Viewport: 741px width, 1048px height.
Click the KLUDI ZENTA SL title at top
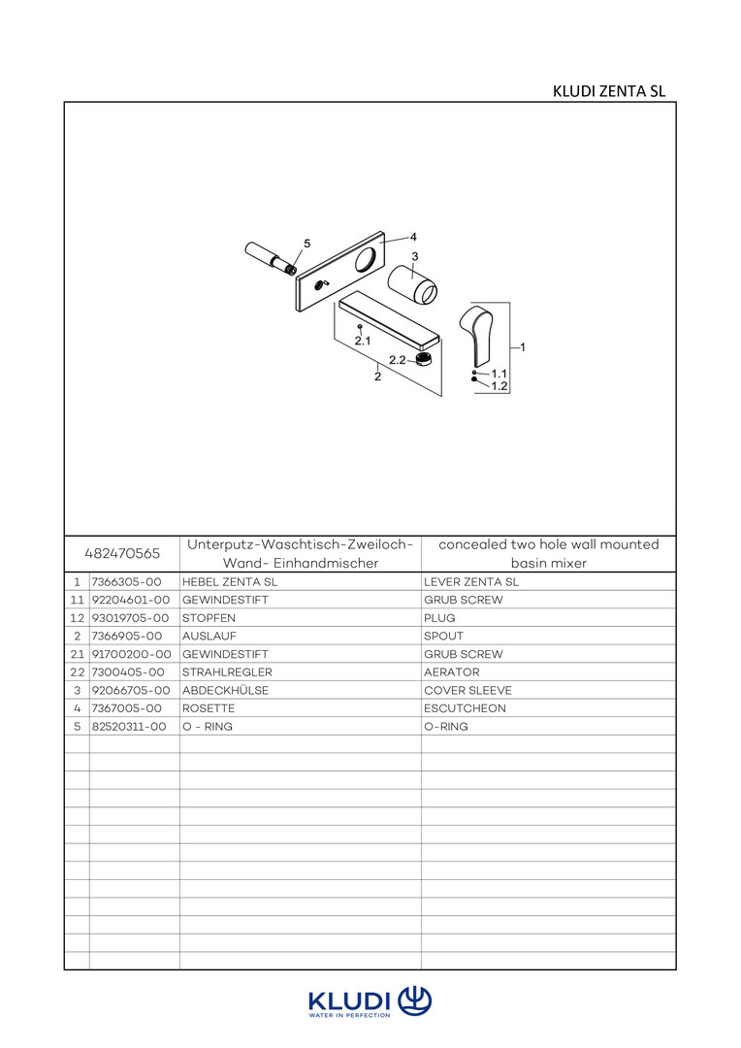pyautogui.click(x=608, y=91)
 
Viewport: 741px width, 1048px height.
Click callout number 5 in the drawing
pyautogui.click(x=307, y=244)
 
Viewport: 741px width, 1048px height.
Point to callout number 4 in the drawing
pyautogui.click(x=412, y=236)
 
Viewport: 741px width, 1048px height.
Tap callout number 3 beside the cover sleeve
pyautogui.click(x=414, y=256)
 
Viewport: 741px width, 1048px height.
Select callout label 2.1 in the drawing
pyautogui.click(x=363, y=341)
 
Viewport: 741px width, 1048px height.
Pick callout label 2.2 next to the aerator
pyautogui.click(x=397, y=360)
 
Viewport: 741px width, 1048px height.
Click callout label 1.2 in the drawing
pyautogui.click(x=499, y=385)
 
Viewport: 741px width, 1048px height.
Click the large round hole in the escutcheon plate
pyautogui.click(x=368, y=260)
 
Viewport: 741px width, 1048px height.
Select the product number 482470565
pyautogui.click(x=122, y=553)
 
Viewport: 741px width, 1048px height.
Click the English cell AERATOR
pyautogui.click(x=452, y=671)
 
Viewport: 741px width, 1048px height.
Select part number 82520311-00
pyautogui.click(x=129, y=726)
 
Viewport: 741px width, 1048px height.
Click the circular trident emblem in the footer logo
pyautogui.click(x=415, y=999)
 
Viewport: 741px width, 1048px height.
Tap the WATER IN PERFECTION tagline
pyautogui.click(x=349, y=1015)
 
